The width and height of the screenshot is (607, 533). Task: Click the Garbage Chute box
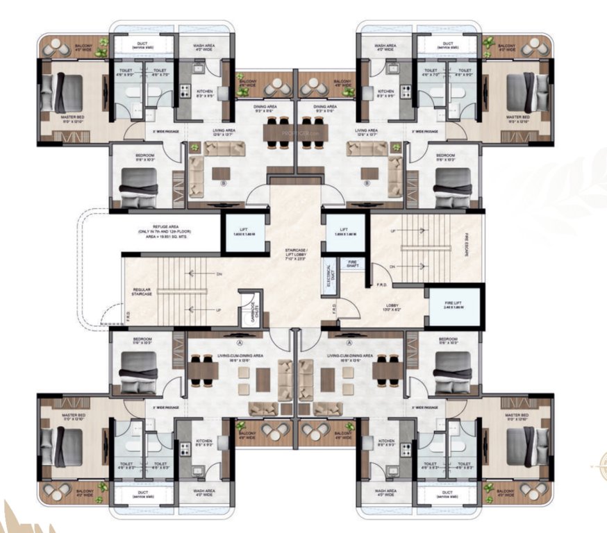[247, 310]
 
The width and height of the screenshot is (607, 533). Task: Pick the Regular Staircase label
[142, 293]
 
